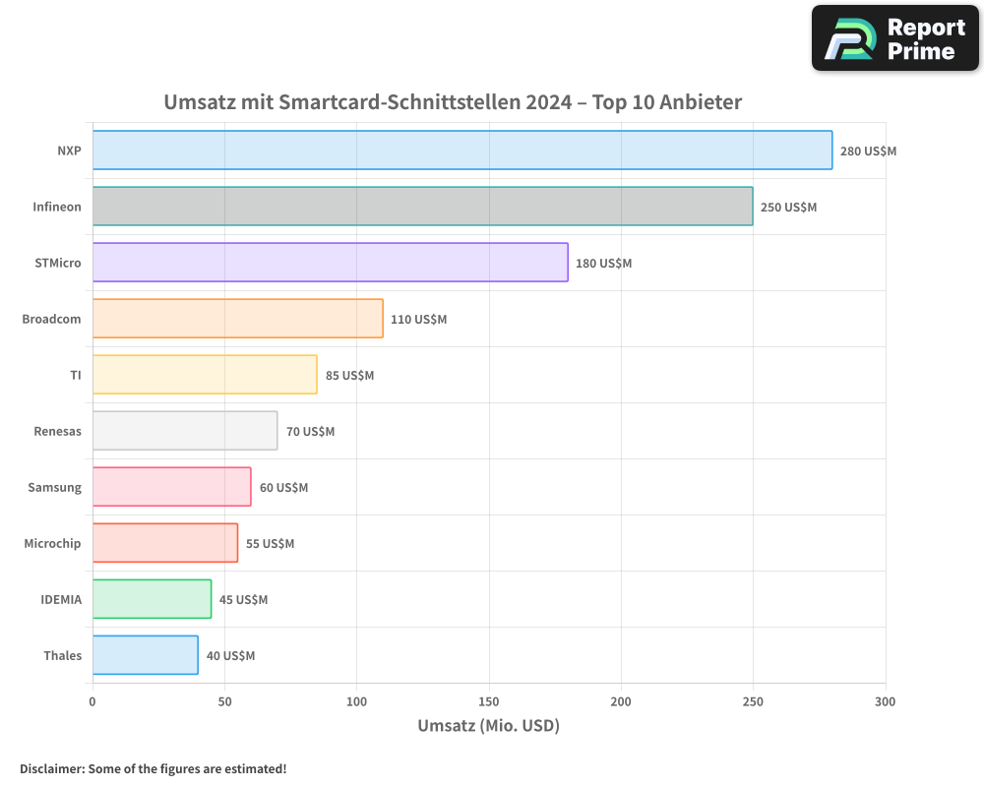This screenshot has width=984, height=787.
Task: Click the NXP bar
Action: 462,151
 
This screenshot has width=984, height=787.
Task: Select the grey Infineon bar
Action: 423,207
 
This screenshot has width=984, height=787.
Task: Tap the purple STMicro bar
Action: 331,263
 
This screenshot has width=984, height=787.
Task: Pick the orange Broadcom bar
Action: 238,319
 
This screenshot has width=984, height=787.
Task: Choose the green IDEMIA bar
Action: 153,599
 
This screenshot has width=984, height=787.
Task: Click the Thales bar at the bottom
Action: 146,655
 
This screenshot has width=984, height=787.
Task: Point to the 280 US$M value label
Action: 868,151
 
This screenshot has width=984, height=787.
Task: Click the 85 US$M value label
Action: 349,376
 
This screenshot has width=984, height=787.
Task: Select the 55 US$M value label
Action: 270,544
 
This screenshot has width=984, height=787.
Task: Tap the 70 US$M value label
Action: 310,432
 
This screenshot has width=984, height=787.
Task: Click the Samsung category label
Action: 55,487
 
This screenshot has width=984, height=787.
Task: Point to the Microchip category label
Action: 52,543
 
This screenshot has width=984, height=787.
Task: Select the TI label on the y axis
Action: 75,375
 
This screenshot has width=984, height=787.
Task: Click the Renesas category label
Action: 57,431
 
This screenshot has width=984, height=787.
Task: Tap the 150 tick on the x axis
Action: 489,701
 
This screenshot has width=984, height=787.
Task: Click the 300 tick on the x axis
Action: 885,701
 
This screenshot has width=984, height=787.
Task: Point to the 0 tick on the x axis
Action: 92,701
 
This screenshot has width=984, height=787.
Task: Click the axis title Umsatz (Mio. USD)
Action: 488,726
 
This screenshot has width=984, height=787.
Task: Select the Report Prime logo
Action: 894,38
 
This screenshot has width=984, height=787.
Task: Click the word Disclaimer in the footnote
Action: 50,768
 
